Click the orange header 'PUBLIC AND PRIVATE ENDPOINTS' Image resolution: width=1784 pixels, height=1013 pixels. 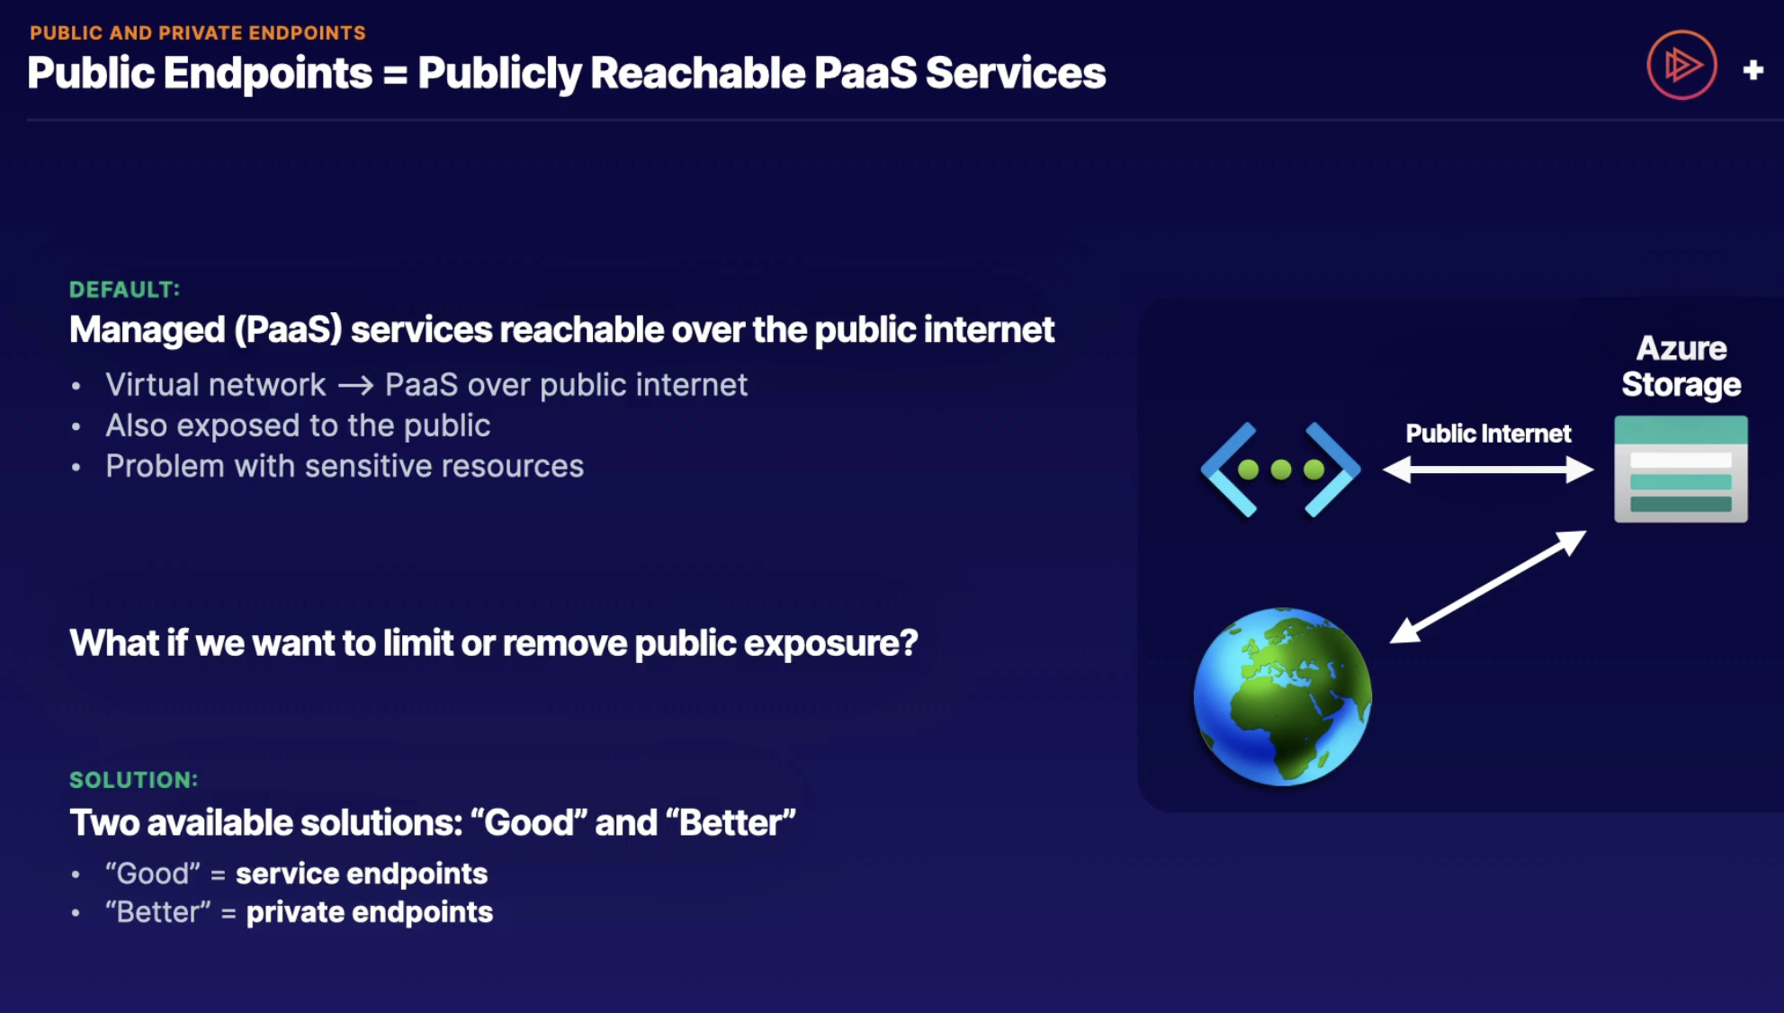tap(198, 33)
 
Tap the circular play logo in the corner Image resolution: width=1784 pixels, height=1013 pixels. tap(1681, 65)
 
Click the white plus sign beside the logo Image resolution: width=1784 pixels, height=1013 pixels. tap(1753, 69)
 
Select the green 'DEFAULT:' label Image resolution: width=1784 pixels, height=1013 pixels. tap(125, 290)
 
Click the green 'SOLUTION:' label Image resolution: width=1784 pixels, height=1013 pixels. tap(134, 780)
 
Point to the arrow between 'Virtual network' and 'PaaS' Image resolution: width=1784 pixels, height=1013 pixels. tap(355, 386)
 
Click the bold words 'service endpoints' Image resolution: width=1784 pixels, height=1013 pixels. tap(362, 874)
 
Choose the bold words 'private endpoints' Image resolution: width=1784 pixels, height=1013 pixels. tap(370, 912)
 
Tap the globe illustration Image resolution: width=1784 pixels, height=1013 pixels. tap(1282, 697)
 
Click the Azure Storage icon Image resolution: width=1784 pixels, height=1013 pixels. tap(1681, 469)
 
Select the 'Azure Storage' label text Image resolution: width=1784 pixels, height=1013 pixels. tap(1681, 366)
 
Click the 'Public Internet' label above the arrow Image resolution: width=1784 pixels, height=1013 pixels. tap(1488, 434)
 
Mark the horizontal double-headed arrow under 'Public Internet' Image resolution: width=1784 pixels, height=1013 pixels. tap(1488, 469)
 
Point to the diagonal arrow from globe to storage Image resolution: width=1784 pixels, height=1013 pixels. tap(1488, 587)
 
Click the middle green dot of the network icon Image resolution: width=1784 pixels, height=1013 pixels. tap(1281, 469)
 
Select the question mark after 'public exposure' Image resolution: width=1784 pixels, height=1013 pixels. tap(909, 642)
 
